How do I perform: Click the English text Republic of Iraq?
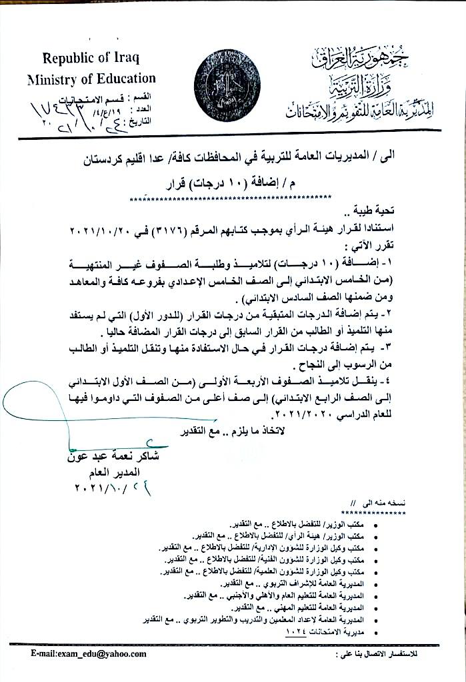click(91, 59)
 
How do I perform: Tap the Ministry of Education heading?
click(91, 79)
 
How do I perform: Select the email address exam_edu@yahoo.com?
click(89, 653)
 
